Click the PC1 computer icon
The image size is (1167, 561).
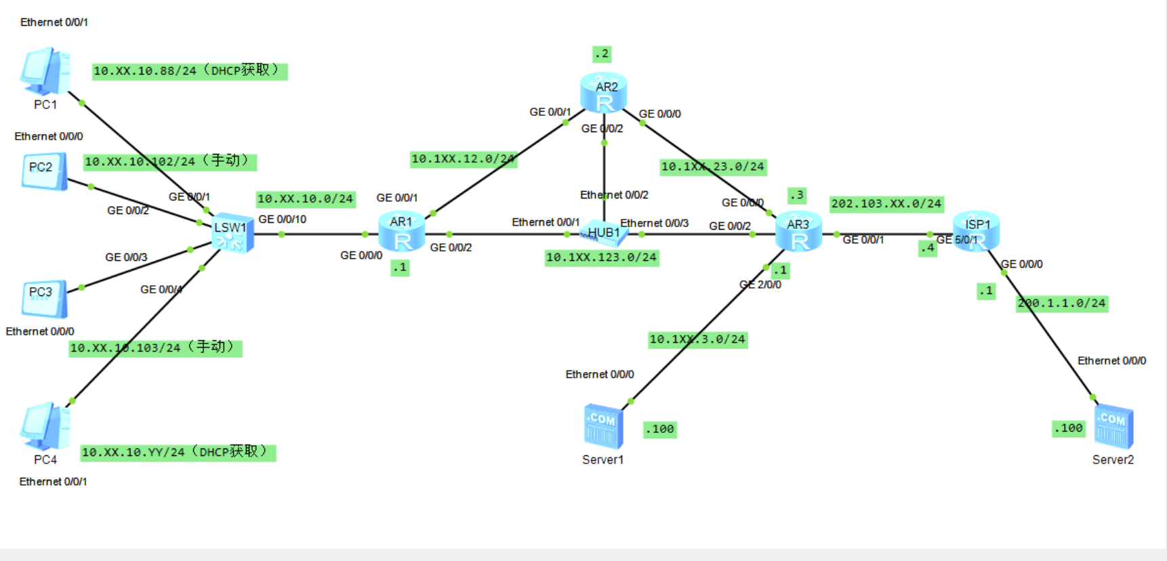tap(45, 70)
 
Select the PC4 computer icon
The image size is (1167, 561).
tap(45, 426)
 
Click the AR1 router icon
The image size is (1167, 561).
tap(401, 232)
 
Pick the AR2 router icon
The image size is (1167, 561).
tap(604, 93)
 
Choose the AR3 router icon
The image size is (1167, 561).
tap(798, 232)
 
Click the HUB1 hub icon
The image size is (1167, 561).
tap(603, 233)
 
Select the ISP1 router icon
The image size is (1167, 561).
tap(976, 231)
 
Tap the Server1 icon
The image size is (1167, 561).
tap(603, 427)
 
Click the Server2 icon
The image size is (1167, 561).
tap(1113, 427)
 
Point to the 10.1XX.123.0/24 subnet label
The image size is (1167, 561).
tap(602, 257)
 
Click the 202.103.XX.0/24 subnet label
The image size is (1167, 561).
tap(886, 204)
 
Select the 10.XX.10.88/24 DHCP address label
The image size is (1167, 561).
tap(190, 71)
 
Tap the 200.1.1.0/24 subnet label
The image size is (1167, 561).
tap(1062, 304)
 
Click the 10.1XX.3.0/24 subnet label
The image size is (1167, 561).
tap(697, 339)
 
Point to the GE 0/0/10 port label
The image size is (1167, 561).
tap(282, 220)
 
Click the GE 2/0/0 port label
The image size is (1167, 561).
tap(760, 285)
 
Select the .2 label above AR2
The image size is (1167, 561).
tap(602, 54)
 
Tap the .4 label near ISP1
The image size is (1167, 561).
tap(928, 248)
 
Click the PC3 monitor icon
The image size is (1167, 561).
tap(44, 299)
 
